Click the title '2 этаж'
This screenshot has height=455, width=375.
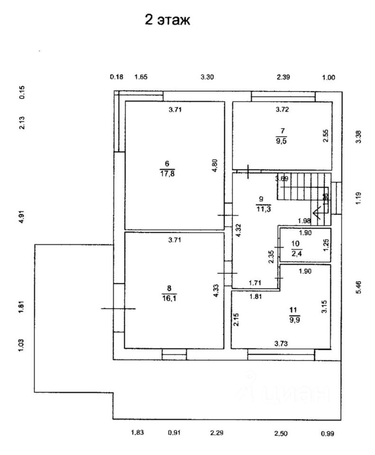(167, 21)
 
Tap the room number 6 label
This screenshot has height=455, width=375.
(166, 164)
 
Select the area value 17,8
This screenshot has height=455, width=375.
(166, 173)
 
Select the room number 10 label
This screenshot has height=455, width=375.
(295, 244)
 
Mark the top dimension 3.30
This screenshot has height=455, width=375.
(207, 77)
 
